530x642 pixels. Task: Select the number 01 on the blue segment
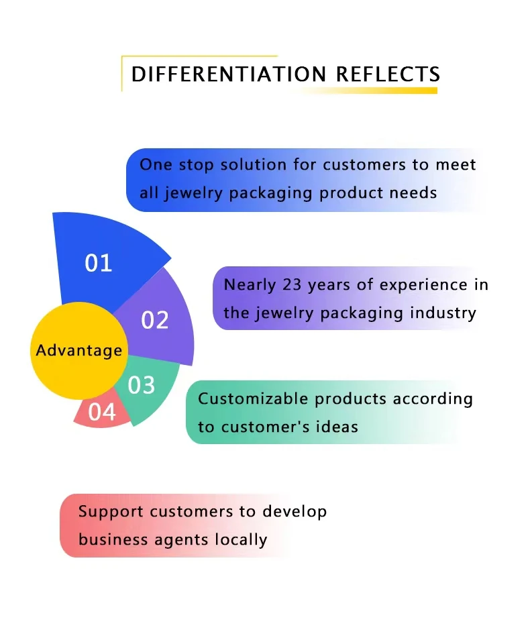[99, 263]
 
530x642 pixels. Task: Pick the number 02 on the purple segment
[155, 320]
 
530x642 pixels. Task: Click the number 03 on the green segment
[142, 385]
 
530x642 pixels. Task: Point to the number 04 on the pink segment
[102, 412]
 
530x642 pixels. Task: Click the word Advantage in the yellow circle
[79, 350]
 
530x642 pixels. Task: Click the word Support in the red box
[111, 511]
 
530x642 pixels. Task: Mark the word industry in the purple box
[445, 313]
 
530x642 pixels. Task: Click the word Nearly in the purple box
[250, 284]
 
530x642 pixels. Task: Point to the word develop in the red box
[295, 511]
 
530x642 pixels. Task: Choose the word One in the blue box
[154, 164]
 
